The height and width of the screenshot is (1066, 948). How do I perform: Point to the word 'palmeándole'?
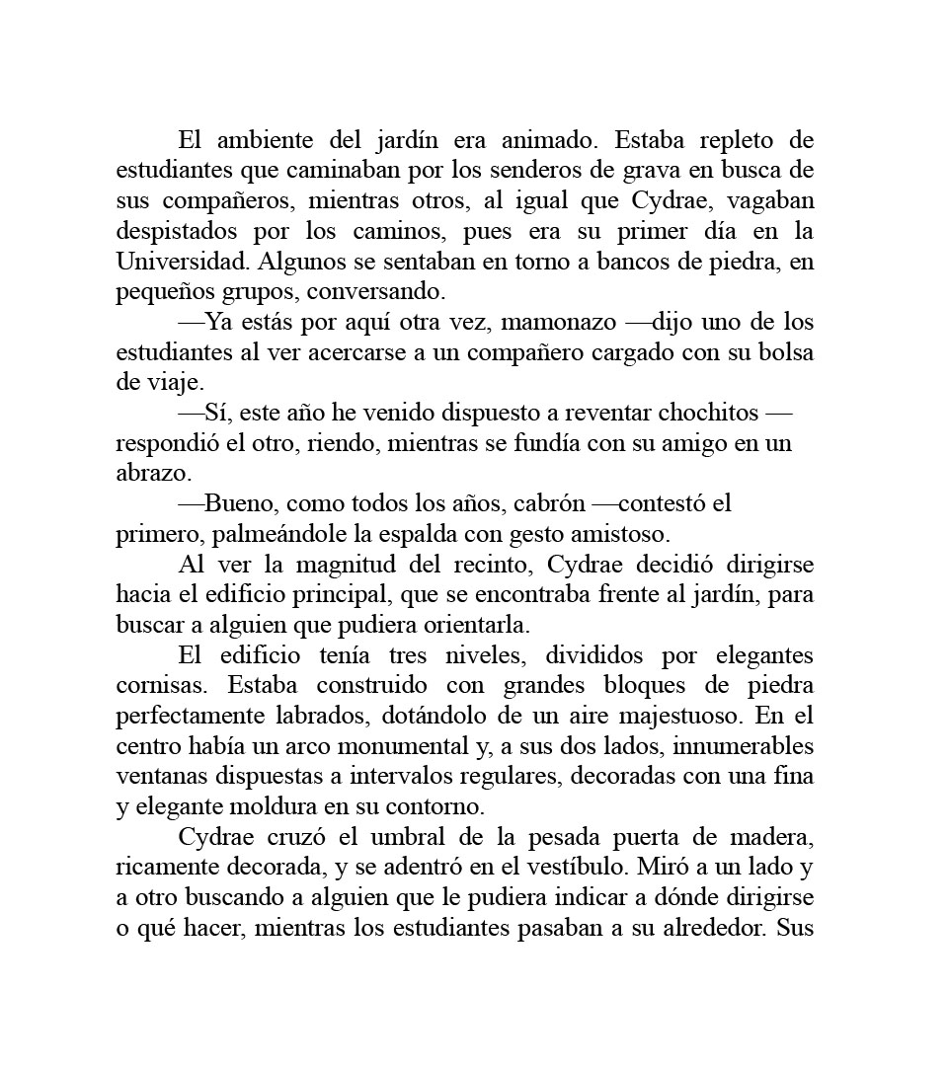pos(259,534)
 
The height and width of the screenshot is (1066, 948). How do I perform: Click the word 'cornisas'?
pos(157,685)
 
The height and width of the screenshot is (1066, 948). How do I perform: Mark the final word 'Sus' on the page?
pos(795,929)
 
